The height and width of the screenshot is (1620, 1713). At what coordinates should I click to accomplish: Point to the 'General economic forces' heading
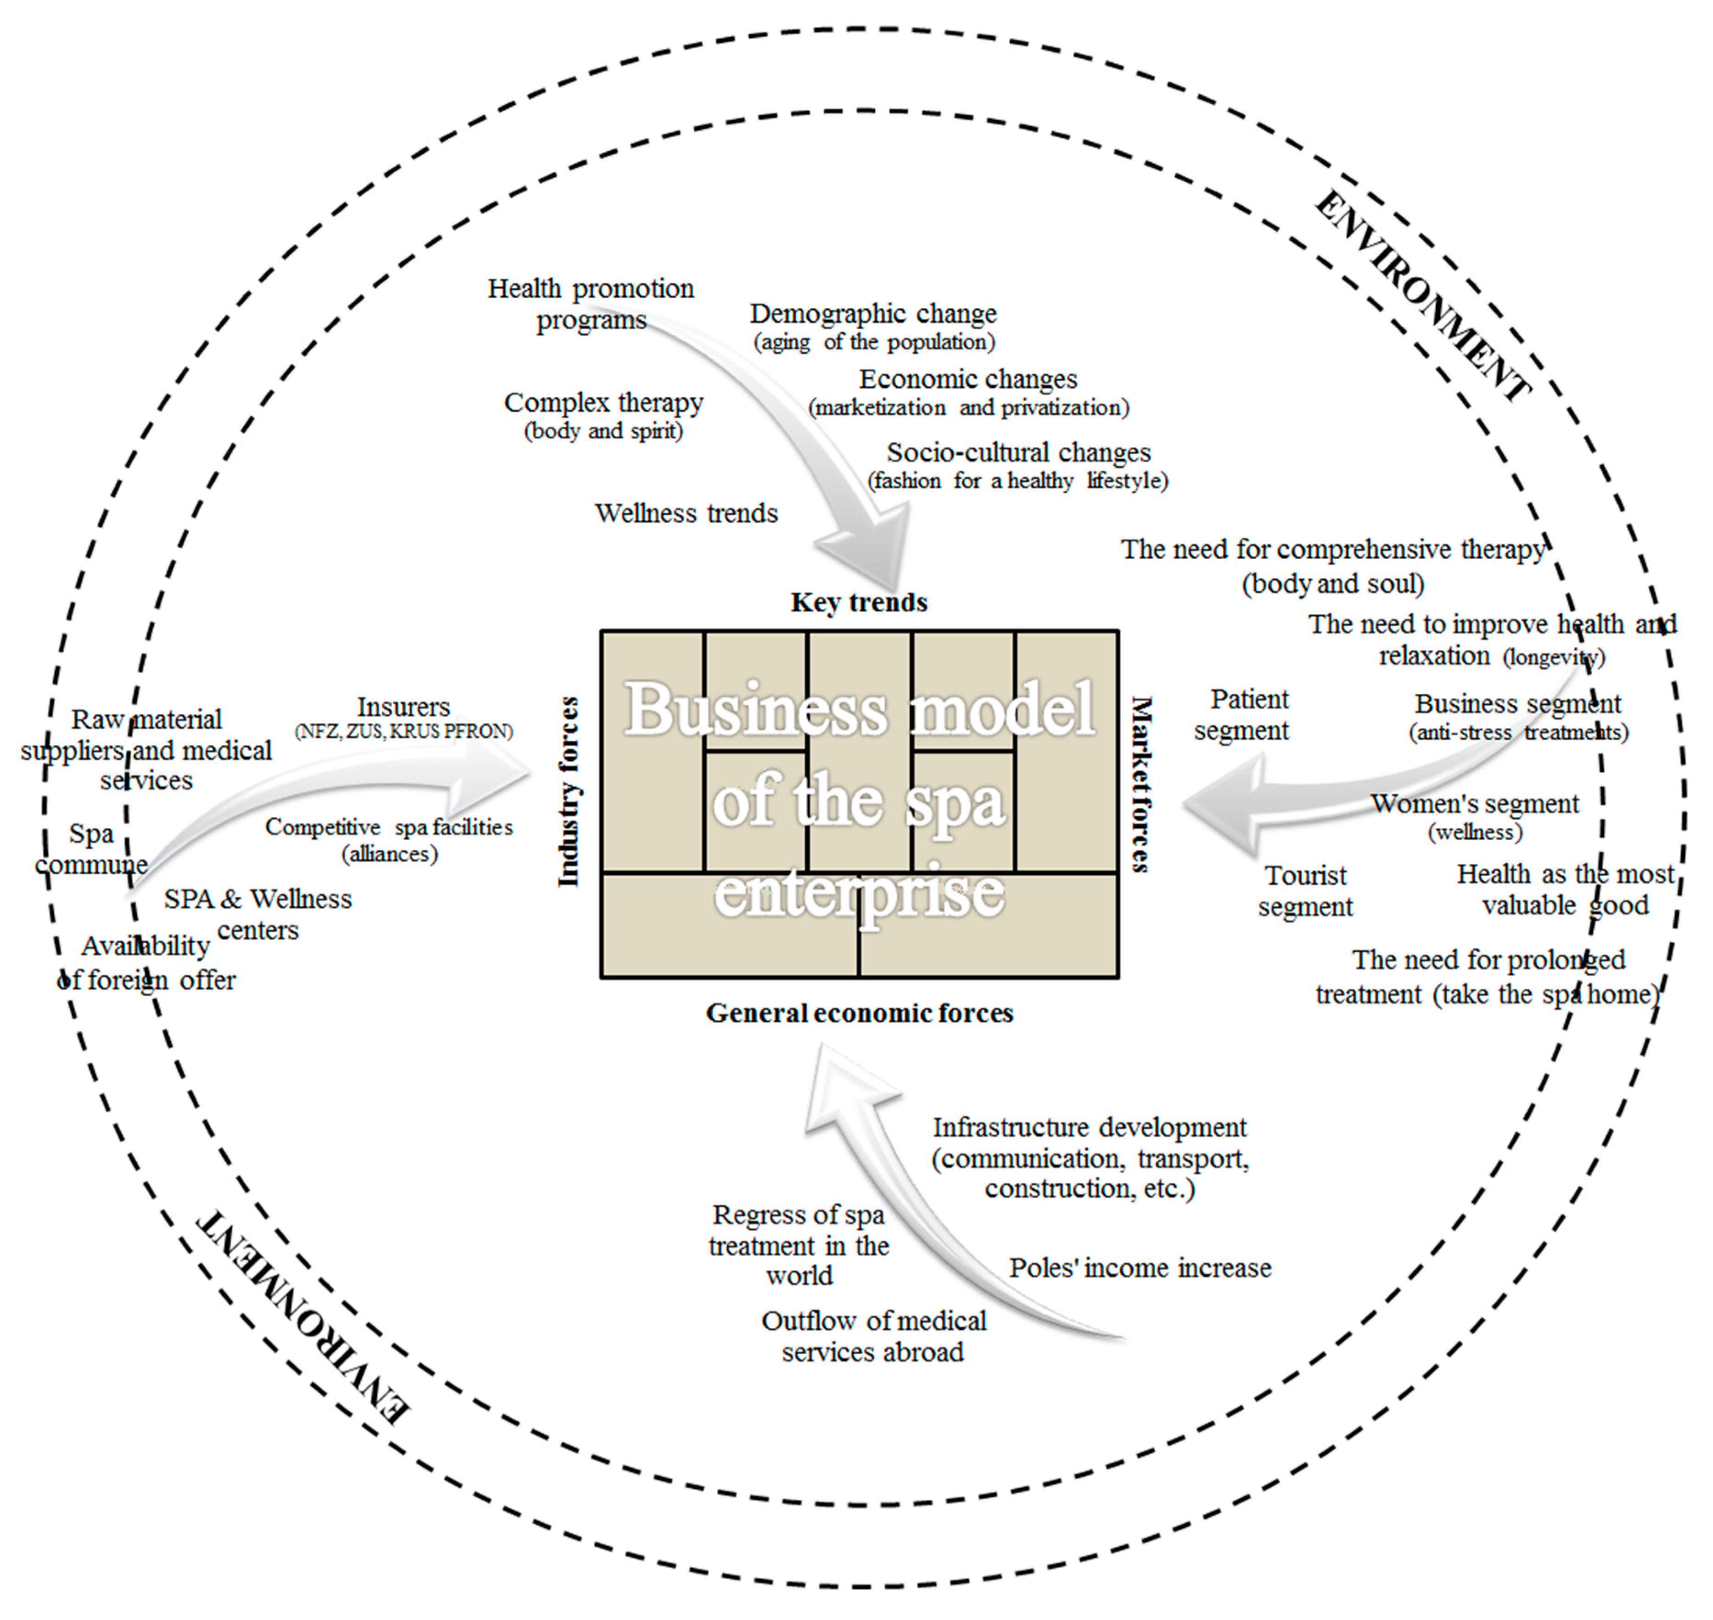[859, 1013]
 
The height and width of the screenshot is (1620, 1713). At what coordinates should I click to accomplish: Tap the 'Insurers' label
[403, 707]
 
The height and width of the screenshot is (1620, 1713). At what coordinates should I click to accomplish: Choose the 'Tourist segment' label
[1305, 891]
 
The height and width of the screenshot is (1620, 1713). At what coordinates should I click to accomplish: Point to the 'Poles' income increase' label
[1140, 1268]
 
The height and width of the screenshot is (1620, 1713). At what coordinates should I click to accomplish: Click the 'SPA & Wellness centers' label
[258, 914]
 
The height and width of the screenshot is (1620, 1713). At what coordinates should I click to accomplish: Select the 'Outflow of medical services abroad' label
[873, 1336]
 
